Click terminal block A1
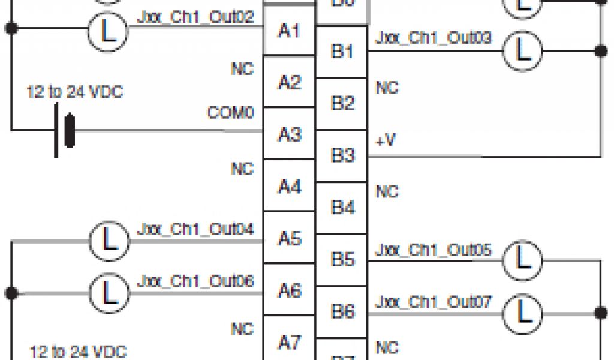pos(289,31)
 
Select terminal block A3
pos(289,134)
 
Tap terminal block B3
pos(342,156)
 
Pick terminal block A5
pos(289,239)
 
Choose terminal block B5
pos(342,260)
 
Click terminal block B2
pos(342,104)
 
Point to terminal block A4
pos(289,187)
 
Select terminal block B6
pos(342,311)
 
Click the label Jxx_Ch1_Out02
pos(195,16)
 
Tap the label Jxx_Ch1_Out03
pos(434,38)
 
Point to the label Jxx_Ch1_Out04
pos(195,229)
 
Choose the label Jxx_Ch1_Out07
pos(434,301)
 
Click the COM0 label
pos(230,113)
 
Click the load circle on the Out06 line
pos(109,293)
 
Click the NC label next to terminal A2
pos(242,69)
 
